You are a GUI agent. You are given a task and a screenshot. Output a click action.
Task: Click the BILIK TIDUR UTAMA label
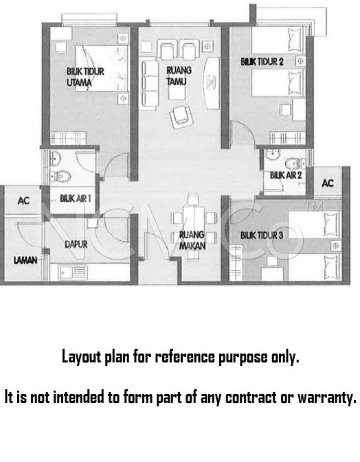pos(85,77)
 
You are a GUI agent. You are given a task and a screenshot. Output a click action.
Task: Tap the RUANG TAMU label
pos(179,76)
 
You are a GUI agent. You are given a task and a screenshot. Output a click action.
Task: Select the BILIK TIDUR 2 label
pos(262,62)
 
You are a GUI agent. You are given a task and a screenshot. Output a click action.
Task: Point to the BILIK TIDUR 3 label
pos(262,235)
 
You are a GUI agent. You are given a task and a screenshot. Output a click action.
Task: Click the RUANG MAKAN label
pos(192,240)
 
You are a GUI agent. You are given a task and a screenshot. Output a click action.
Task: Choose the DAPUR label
pos(76,244)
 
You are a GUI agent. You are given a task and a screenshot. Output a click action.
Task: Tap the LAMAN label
pos(25,260)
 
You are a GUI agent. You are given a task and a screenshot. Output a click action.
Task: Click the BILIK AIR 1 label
pos(75,198)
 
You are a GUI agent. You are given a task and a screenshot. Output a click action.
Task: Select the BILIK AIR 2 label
pos(286,175)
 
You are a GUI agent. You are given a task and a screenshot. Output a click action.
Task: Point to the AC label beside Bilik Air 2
pos(328,183)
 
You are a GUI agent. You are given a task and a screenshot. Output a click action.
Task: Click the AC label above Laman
pos(23,200)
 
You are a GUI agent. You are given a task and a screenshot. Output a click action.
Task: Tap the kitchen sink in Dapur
pos(73,273)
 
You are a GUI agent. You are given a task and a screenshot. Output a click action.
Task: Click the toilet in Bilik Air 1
pos(60,176)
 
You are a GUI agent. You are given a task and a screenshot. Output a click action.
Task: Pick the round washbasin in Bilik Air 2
pos(273,154)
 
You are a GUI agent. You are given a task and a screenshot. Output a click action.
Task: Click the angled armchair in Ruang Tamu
pos(181,117)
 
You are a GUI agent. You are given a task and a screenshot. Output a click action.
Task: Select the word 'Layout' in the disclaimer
pos(82,357)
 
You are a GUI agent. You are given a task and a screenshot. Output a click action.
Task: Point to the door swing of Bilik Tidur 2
pos(242,132)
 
